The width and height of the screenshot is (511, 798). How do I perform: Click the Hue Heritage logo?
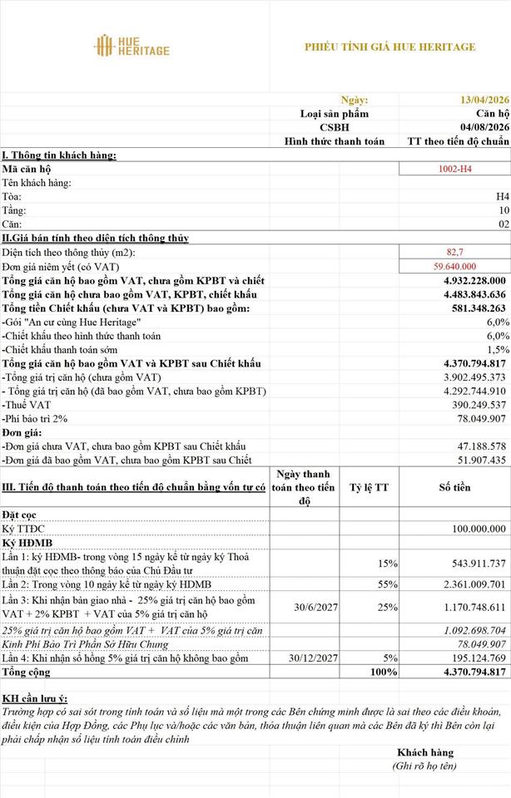pyautogui.click(x=131, y=46)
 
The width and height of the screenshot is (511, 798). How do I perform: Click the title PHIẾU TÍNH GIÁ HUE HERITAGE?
pyautogui.click(x=390, y=47)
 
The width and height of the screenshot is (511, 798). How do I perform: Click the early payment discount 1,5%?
pyautogui.click(x=497, y=350)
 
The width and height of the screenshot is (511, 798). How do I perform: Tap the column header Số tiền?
pyautogui.click(x=455, y=488)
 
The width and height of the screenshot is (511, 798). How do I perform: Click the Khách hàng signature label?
pyautogui.click(x=424, y=753)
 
